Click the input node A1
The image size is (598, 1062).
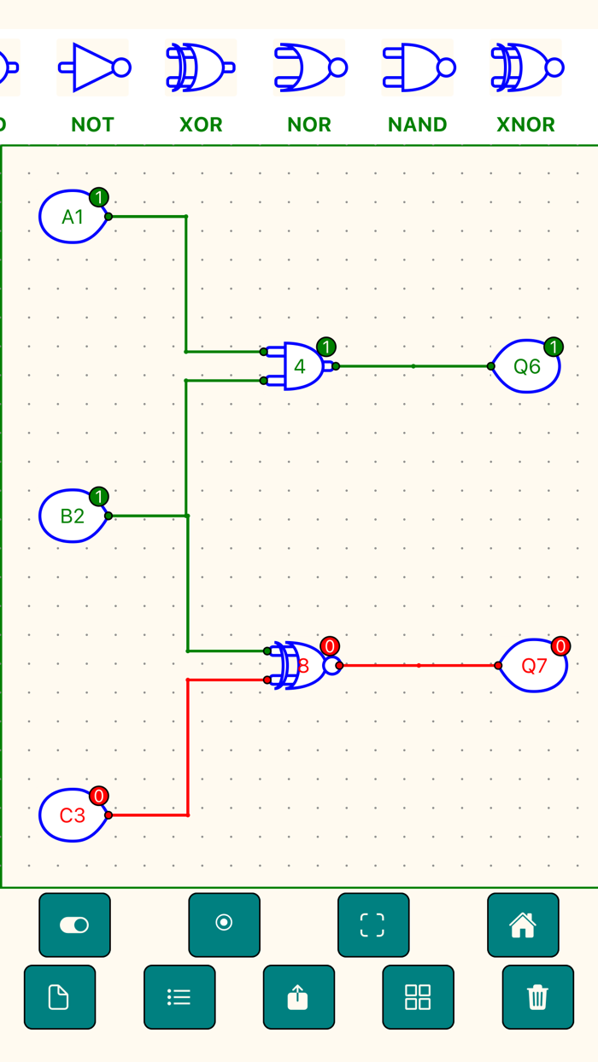[73, 217]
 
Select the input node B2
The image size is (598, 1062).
[73, 516]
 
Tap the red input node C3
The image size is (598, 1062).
[73, 815]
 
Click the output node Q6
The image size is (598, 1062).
[526, 366]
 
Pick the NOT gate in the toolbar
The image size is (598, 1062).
[93, 67]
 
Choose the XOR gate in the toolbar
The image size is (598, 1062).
[201, 67]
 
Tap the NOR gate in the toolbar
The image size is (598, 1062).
[309, 67]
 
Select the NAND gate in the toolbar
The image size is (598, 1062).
[418, 67]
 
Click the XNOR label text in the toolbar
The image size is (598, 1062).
[525, 125]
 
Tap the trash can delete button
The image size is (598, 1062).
[537, 997]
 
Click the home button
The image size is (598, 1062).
[523, 925]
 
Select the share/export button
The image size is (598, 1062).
[298, 997]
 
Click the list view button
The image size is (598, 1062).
[179, 997]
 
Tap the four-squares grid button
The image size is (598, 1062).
[418, 997]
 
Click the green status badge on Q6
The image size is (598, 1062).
[554, 347]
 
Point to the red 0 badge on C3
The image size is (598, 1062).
[99, 796]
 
